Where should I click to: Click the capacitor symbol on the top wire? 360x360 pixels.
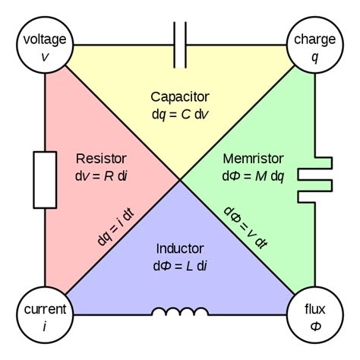180,46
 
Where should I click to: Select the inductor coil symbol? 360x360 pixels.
180,312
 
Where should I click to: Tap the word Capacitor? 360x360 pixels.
180,96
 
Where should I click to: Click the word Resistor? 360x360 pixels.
101,159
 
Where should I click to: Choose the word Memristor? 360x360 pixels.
253,159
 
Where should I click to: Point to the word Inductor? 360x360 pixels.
180,248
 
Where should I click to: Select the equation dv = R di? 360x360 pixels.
101,175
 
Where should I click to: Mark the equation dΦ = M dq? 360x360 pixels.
254,175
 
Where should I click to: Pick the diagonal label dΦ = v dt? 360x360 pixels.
245,228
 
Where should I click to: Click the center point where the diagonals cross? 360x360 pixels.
180,180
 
